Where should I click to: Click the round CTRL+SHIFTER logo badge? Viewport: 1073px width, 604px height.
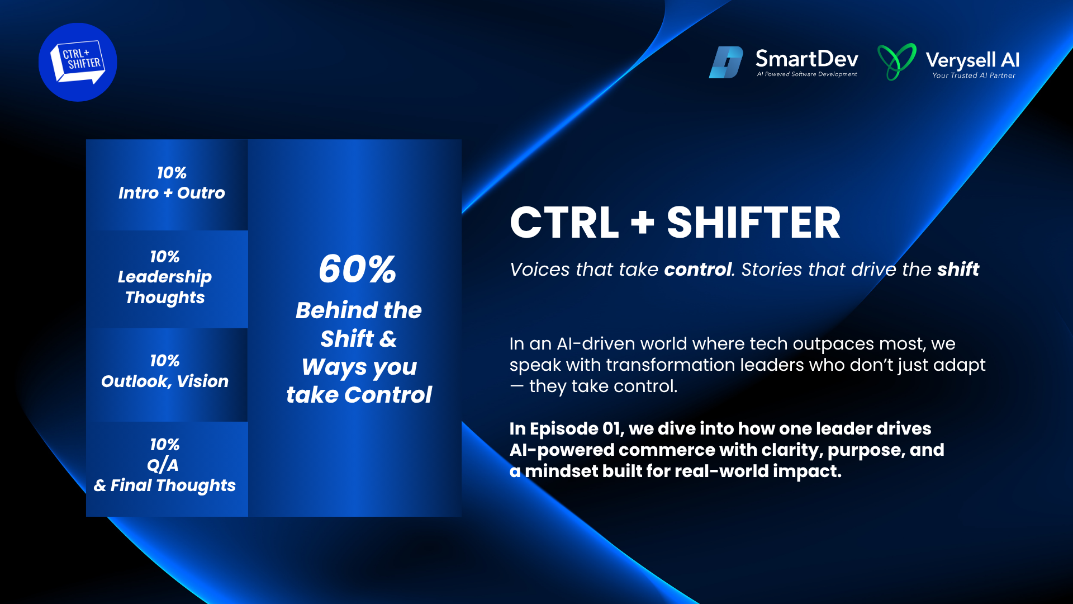coord(78,62)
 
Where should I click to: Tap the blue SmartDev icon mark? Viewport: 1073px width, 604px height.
coord(726,62)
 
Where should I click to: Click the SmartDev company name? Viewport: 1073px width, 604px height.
coord(806,59)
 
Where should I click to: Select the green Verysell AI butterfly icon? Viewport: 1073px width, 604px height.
coord(897,62)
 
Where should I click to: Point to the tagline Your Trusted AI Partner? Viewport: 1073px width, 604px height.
coord(974,75)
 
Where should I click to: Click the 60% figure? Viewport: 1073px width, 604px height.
coord(358,269)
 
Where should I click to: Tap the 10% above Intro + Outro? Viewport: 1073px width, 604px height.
coord(172,173)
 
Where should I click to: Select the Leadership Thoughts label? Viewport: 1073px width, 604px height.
coord(165,287)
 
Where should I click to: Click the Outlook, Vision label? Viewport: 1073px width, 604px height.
coord(165,381)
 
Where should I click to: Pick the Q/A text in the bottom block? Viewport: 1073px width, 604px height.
coord(163,465)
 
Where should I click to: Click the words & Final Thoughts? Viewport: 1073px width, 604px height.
coord(165,485)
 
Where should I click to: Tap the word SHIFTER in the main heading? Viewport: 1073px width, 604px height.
coord(753,223)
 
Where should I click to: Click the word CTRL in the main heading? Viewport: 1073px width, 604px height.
coord(564,223)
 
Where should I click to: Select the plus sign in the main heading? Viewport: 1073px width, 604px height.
coord(643,222)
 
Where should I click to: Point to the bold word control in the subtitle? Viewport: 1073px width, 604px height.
coord(698,270)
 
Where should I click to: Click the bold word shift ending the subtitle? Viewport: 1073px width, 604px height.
coord(958,269)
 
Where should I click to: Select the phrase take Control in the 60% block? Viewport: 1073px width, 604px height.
coord(359,395)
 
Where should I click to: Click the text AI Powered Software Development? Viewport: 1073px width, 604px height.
coord(807,74)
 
